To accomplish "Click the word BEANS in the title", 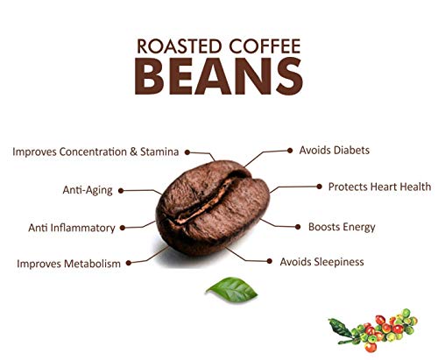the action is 219,76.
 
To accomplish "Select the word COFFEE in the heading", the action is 265,46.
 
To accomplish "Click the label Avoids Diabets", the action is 335,151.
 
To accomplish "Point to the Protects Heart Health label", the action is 379,187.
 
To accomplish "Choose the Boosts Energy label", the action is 342,227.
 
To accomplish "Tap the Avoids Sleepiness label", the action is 321,262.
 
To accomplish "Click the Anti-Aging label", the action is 88,190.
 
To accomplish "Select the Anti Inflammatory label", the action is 72,228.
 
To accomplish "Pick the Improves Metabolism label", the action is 68,264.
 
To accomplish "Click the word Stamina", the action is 159,152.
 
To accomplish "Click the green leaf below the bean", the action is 231,289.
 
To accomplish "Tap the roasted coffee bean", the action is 213,208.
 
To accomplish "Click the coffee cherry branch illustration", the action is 373,330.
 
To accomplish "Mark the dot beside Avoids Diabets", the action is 290,151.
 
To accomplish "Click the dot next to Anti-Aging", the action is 121,191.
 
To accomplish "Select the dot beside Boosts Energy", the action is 298,227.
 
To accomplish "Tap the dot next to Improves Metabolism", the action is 129,263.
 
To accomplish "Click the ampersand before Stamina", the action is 133,152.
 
